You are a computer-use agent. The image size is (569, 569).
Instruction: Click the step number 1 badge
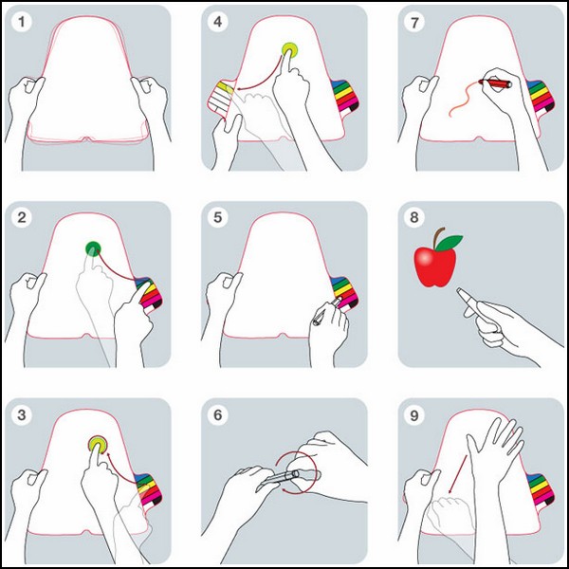coord(22,22)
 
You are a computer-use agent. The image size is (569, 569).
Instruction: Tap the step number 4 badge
coord(218,22)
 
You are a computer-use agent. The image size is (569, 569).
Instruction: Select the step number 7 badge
coord(414,22)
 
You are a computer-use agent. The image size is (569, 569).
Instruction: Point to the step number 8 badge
coord(414,218)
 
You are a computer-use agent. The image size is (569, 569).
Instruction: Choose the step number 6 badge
coord(218,414)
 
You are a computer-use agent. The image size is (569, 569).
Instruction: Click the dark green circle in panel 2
coord(93,248)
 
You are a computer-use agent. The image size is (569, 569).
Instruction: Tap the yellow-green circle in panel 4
coord(289,50)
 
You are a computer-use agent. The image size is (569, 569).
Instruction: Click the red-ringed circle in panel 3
coord(98,444)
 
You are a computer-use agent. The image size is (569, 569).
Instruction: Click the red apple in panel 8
coord(434,266)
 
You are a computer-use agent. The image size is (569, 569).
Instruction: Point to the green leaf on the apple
coord(449,243)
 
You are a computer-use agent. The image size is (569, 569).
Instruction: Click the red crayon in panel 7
coord(495,83)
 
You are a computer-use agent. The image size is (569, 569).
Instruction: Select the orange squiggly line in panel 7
coord(464,99)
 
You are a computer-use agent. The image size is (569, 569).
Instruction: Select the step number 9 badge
coord(414,414)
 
